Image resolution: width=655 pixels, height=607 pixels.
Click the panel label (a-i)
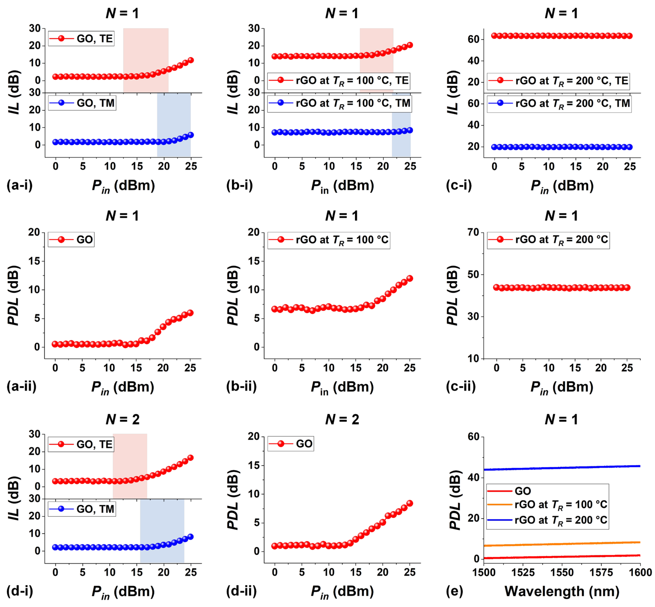(x=20, y=186)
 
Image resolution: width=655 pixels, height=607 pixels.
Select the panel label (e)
(x=454, y=591)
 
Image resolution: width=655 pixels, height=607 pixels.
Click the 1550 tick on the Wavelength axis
(x=562, y=572)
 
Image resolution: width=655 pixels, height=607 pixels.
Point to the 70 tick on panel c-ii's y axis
(x=473, y=232)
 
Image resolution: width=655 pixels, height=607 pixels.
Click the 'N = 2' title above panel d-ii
(x=342, y=420)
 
